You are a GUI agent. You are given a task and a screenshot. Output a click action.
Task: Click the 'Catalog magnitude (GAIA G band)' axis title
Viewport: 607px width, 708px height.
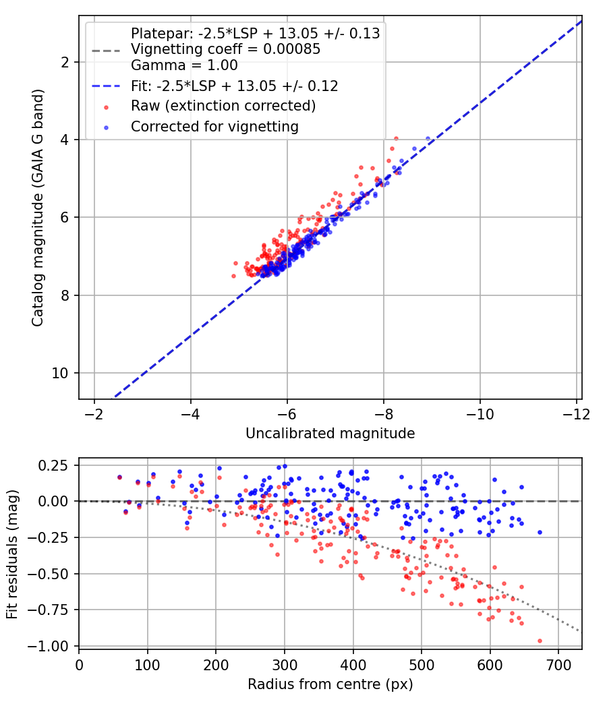pos(38,208)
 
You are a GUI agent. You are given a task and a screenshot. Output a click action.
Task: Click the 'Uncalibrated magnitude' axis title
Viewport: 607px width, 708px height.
pos(330,434)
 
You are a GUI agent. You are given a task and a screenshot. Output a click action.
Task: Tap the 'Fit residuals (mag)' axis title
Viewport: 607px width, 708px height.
pos(12,554)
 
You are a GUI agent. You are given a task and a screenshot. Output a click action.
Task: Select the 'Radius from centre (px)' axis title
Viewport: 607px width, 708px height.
pos(330,684)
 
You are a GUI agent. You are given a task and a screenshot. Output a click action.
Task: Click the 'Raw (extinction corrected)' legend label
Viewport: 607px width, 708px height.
pos(223,106)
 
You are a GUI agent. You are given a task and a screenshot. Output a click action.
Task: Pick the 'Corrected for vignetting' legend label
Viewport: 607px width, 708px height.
pos(214,127)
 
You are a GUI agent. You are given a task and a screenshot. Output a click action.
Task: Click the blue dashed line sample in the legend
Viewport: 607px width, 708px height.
pos(106,86)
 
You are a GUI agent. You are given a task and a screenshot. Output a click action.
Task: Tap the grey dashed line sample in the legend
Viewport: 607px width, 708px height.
pos(106,51)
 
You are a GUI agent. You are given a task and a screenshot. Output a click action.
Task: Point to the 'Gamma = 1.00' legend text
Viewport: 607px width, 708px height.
pos(184,65)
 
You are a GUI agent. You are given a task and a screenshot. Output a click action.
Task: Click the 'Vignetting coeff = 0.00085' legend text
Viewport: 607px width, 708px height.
pos(226,49)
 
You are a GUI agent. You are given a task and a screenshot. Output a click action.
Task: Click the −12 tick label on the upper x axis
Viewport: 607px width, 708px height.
pos(576,414)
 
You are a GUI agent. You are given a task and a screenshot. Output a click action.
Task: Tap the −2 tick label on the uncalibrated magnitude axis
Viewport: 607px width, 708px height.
pos(94,414)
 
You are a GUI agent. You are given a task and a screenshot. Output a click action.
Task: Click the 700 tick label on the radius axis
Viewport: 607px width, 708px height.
pos(558,665)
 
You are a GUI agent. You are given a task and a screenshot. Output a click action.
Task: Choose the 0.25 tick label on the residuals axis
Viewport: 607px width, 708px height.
pos(53,465)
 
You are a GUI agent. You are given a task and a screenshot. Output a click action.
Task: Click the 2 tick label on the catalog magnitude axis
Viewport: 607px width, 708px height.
pos(65,62)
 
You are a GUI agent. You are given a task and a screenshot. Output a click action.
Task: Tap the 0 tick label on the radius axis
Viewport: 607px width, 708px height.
pos(79,665)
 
